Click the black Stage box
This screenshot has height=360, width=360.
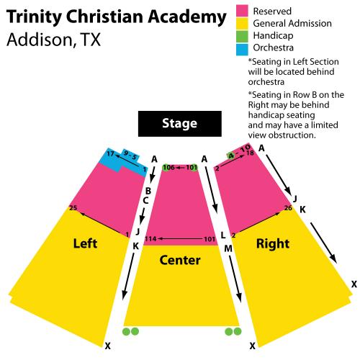[180, 124]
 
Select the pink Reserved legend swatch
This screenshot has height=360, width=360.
[242, 11]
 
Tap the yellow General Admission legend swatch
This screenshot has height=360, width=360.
[242, 24]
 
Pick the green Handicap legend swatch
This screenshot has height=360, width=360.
[242, 36]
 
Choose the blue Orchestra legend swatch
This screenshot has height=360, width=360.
[242, 49]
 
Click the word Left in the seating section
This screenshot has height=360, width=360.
[85, 243]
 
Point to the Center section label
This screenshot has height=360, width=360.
[180, 260]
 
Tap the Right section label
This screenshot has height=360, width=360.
[273, 244]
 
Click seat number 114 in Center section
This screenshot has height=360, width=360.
[150, 239]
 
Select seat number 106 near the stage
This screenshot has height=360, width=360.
[169, 167]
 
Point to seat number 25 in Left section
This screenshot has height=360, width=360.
[73, 207]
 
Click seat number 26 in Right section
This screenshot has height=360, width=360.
[288, 207]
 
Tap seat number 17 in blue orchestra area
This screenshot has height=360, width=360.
[110, 153]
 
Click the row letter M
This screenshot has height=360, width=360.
[228, 248]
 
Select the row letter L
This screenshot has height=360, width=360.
[223, 235]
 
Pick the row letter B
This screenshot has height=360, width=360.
[148, 191]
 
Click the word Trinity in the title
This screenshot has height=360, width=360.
[35, 17]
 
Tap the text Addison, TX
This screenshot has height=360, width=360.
[53, 40]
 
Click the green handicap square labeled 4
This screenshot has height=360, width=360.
[231, 156]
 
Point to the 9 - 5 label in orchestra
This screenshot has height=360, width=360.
[130, 156]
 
